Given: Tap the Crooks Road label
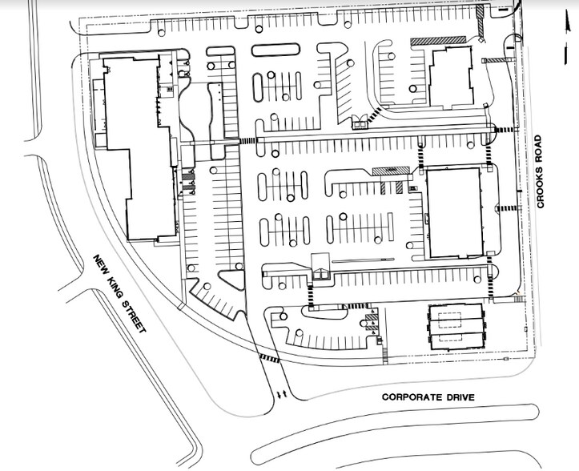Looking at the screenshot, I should [x=541, y=182].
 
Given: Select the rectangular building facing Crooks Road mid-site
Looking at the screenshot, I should [x=454, y=212].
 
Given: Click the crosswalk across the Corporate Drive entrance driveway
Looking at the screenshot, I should [x=269, y=360].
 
